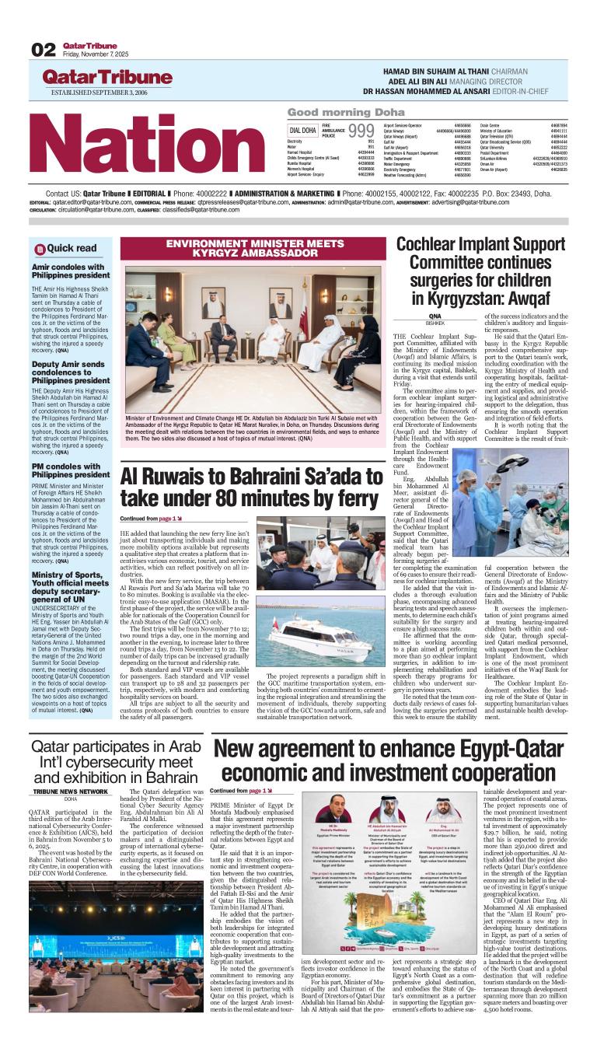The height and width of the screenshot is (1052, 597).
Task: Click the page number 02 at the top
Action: tap(43, 50)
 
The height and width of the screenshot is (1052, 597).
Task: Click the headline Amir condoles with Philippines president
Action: tap(71, 271)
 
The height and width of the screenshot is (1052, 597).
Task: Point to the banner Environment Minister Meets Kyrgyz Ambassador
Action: tap(253, 248)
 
